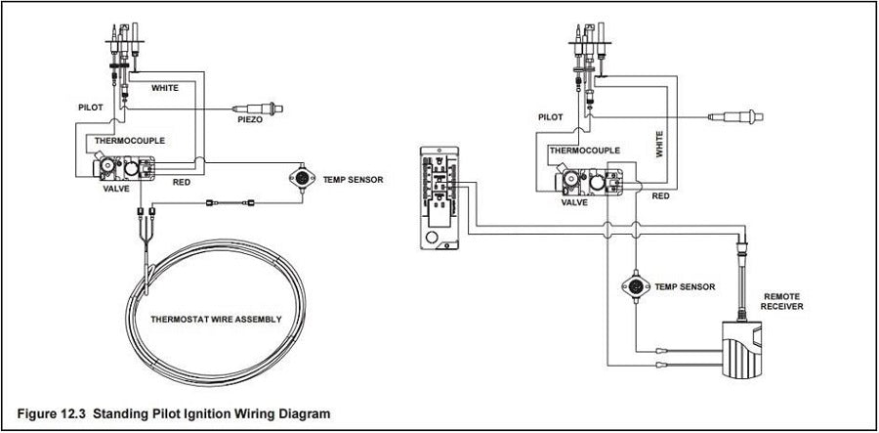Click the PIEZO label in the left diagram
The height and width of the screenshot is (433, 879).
coord(250,119)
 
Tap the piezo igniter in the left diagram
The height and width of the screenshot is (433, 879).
coord(259,108)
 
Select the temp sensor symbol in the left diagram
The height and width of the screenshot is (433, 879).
coord(302,178)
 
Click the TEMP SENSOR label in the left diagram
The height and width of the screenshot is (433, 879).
coord(354,180)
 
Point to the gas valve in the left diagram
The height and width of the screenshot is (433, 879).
coord(124,167)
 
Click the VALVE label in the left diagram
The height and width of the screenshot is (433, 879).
coord(116,189)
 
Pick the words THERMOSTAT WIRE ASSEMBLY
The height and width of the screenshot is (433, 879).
coord(216,320)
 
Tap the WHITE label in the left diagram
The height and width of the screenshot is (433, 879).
coord(165,88)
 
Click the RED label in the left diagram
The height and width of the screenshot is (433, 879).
coord(181,182)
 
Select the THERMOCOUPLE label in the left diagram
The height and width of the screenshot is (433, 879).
coord(130,141)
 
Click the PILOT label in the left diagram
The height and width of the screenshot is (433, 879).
coord(90,108)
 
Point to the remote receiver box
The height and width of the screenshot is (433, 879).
coord(742,348)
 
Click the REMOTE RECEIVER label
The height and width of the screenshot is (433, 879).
coord(781,301)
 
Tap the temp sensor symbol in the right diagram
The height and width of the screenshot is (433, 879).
coord(636,286)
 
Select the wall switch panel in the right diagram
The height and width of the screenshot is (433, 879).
coord(439,197)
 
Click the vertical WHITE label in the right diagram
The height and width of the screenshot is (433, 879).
coord(660,144)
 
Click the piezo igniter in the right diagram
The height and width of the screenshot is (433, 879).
coord(735,116)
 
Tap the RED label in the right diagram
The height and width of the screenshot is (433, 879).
coord(660,196)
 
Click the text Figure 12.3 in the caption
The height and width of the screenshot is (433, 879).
coord(52,413)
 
